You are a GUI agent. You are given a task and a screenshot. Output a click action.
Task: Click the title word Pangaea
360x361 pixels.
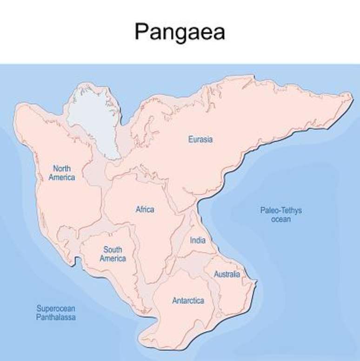(x=180, y=32)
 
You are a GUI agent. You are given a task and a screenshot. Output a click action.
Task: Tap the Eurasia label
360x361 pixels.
(x=200, y=139)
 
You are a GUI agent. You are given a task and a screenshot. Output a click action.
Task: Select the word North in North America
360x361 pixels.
(x=62, y=168)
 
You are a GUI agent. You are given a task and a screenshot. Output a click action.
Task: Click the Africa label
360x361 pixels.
(x=145, y=209)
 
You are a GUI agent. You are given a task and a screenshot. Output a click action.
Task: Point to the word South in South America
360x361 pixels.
(x=113, y=250)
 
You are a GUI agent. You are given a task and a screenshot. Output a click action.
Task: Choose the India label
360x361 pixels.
(x=197, y=241)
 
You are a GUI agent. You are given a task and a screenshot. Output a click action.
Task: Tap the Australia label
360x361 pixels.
(x=227, y=274)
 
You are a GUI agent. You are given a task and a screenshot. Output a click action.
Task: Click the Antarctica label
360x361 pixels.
(x=188, y=301)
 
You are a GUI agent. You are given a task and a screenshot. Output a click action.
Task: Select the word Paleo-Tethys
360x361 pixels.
(x=281, y=210)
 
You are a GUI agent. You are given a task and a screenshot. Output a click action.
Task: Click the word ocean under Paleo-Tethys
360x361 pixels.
(x=281, y=219)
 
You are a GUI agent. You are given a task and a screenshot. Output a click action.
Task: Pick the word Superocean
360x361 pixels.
(x=56, y=308)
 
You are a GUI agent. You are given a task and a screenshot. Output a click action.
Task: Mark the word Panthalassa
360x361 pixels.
(x=56, y=317)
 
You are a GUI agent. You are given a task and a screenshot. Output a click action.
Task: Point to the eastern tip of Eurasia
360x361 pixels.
(x=351, y=96)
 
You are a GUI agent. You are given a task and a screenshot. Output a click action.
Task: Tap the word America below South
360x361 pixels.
(x=113, y=258)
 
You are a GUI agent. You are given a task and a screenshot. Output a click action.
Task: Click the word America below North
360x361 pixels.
(x=62, y=177)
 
